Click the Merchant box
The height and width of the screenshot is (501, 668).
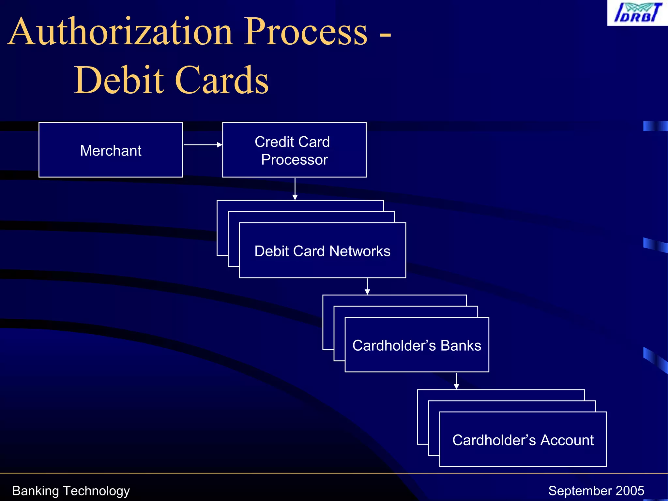[x=111, y=150]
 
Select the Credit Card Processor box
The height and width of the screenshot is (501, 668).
[x=294, y=150]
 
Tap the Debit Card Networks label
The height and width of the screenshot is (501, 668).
[x=322, y=251]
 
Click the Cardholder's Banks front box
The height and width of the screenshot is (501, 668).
[x=417, y=345]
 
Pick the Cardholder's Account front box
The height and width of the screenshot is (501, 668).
[x=523, y=440]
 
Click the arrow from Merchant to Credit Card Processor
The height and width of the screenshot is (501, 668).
[x=203, y=144]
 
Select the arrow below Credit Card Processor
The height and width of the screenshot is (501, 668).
[x=295, y=189]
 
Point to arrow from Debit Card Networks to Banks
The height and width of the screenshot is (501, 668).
[x=367, y=286]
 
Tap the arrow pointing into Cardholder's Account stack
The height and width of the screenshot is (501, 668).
[x=456, y=381]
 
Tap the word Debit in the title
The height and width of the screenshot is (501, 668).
[x=119, y=80]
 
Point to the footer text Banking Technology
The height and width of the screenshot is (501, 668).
[x=71, y=491]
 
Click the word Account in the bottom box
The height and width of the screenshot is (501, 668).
[x=567, y=440]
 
